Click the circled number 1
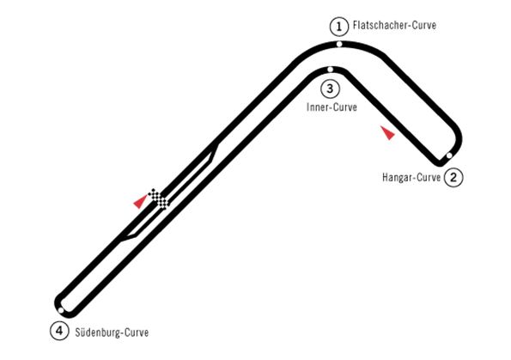click(x=339, y=27)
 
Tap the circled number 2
click(x=453, y=178)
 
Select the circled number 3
click(x=330, y=88)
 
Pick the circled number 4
click(x=59, y=331)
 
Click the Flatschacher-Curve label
click(x=395, y=26)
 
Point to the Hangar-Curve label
click(x=411, y=178)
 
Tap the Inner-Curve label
click(x=332, y=107)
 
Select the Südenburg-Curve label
click(x=112, y=332)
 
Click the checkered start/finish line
click(x=159, y=198)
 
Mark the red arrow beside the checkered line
click(x=141, y=201)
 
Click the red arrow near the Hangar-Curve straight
click(x=388, y=132)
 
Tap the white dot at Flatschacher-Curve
click(x=339, y=44)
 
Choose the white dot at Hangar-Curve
click(x=449, y=156)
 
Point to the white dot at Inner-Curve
click(x=330, y=70)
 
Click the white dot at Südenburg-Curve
click(x=61, y=310)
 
